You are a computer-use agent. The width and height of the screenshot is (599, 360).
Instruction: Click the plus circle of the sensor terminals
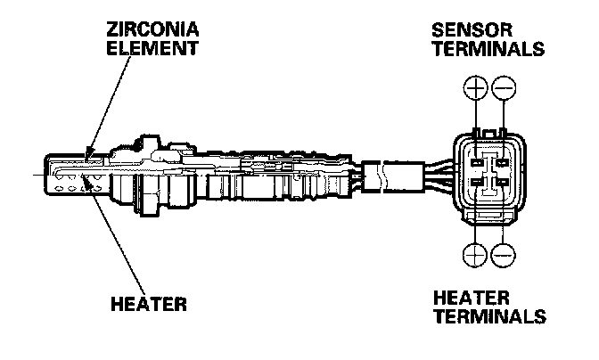pos(476,88)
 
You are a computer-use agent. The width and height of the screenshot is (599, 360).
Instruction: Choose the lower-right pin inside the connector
pos(502,184)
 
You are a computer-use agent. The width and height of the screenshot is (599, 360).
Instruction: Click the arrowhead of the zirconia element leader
pos(85,157)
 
